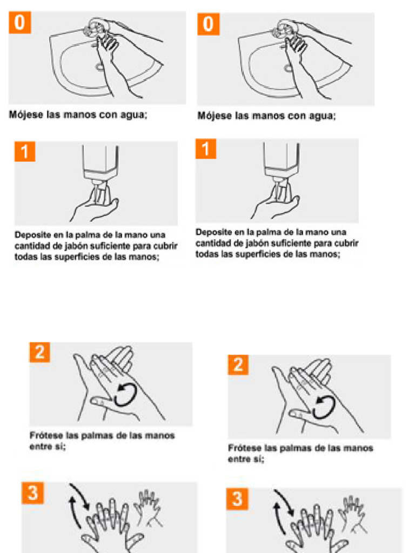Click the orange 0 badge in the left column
point(19,23)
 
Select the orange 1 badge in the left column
point(25,152)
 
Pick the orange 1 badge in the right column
point(205,149)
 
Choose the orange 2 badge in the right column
point(238,365)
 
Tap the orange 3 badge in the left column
point(32,494)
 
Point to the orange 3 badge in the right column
point(237,499)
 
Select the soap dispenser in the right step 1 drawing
point(282,159)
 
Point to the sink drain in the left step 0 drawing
point(99,68)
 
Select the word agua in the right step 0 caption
point(322,116)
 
